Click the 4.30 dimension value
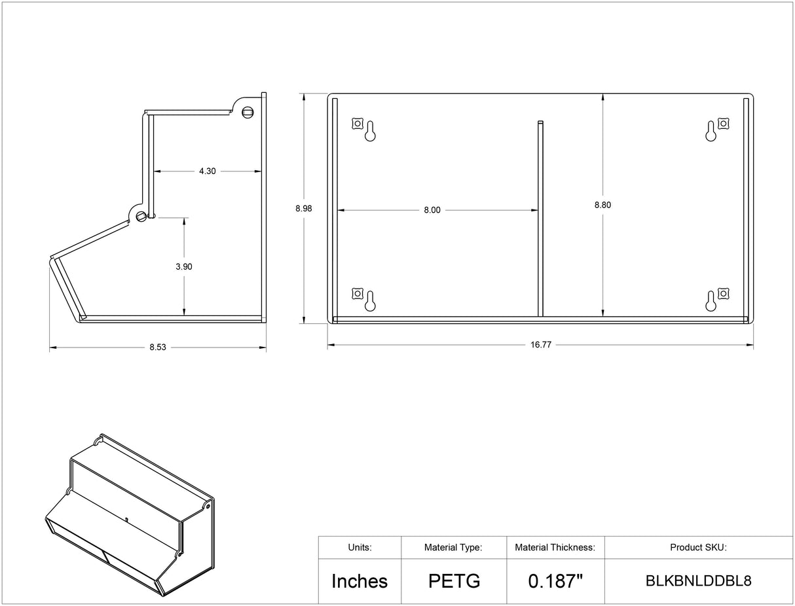click(207, 171)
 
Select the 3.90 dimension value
click(183, 266)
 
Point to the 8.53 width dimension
click(158, 348)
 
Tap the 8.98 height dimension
click(303, 208)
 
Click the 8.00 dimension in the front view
click(432, 210)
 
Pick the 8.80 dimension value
click(602, 205)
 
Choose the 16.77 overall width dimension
click(541, 345)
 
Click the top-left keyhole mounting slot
click(370, 132)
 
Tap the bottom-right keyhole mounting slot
click(711, 301)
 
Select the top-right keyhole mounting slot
click(711, 132)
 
